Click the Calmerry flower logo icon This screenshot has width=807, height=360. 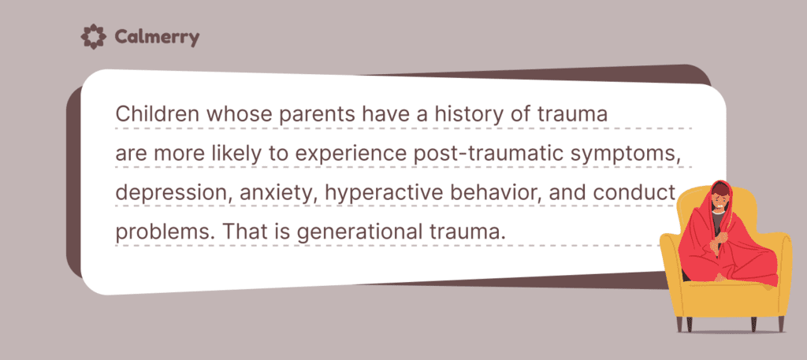tap(92, 36)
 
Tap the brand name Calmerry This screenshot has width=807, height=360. tap(156, 37)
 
